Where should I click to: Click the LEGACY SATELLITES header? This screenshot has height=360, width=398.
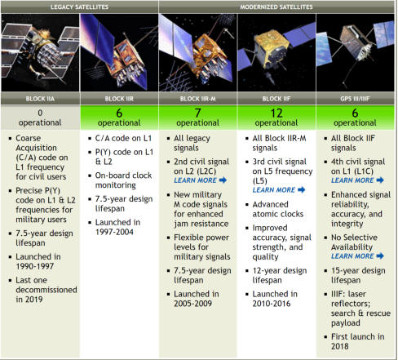click(79, 7)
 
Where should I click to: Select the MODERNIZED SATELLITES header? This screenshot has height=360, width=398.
click(276, 7)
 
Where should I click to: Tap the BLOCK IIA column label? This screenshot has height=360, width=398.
click(40, 99)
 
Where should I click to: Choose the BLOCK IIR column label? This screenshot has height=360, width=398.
click(119, 99)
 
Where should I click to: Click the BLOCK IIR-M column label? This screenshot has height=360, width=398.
click(198, 99)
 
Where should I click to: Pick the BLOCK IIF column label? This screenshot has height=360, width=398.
click(276, 99)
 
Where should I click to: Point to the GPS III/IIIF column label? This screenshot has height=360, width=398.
click(355, 99)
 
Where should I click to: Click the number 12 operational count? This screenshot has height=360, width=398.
click(276, 113)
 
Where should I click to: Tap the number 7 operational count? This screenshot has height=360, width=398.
click(198, 113)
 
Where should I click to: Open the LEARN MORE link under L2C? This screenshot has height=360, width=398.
click(200, 180)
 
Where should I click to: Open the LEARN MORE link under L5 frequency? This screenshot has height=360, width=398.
click(279, 189)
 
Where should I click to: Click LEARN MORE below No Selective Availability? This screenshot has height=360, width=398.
click(357, 256)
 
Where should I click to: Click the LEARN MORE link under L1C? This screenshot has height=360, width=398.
click(357, 180)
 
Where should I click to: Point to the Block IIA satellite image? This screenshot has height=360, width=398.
click(40, 52)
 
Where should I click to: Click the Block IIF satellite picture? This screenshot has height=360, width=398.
click(276, 52)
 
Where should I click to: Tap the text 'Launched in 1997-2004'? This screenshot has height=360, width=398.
click(117, 227)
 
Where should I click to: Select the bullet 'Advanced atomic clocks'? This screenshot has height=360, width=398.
click(278, 209)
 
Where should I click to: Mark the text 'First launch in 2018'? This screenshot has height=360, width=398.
click(358, 341)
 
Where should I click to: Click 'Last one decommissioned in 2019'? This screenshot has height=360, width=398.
click(46, 290)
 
